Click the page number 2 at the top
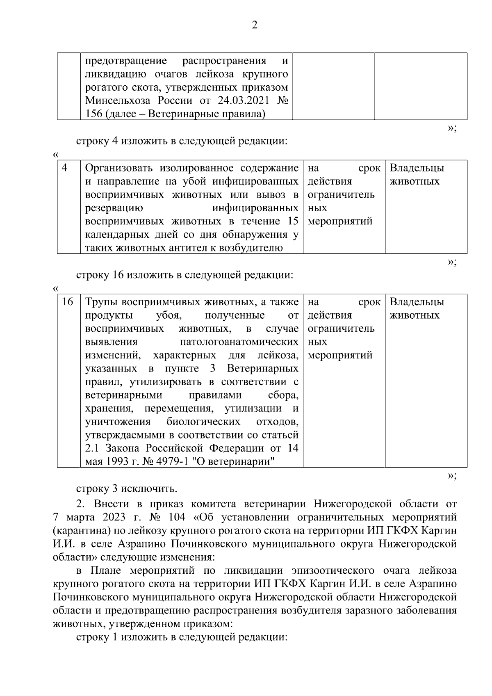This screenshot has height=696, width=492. (x=254, y=25)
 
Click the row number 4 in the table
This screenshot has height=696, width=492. (x=65, y=168)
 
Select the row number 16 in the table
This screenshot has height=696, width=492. (x=67, y=302)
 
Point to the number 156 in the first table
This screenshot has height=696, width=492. (x=94, y=114)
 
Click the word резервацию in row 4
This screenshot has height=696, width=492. (x=114, y=208)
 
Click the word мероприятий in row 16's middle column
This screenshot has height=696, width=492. (x=340, y=355)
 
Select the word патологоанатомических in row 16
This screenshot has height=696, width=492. (x=239, y=342)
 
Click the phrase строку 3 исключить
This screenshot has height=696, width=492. (x=127, y=488)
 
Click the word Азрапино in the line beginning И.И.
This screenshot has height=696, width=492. (x=141, y=543)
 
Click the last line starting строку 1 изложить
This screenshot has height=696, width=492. (x=181, y=637)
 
